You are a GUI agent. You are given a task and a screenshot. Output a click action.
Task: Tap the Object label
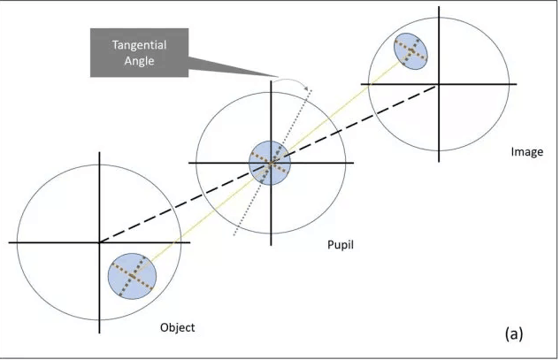click(177, 327)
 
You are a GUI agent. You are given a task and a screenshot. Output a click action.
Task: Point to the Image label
click(527, 151)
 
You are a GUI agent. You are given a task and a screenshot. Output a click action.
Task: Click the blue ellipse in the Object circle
click(132, 276)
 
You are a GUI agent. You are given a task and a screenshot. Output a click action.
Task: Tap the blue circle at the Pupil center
click(269, 163)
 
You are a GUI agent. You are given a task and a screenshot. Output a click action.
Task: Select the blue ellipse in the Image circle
click(410, 51)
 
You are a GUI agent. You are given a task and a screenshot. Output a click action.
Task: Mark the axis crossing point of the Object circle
click(99, 241)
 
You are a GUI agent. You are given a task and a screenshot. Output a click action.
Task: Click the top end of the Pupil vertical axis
click(269, 81)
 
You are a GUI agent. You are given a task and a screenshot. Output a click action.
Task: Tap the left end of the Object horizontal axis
click(10, 241)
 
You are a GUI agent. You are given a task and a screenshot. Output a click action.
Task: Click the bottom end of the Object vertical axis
click(99, 333)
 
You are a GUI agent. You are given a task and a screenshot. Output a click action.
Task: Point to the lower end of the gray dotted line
click(234, 236)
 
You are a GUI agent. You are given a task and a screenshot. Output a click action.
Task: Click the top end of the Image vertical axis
click(438, 9)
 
